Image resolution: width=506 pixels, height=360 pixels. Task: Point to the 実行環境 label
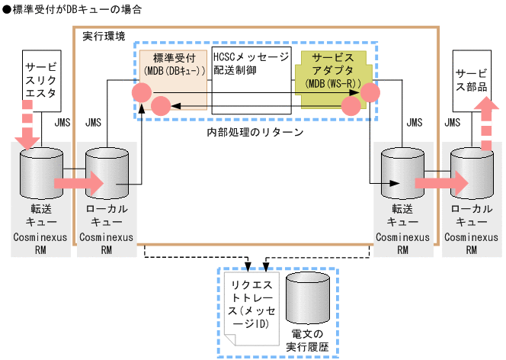(x=104, y=37)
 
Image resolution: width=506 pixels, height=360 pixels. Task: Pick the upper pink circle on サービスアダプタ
(x=370, y=93)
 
